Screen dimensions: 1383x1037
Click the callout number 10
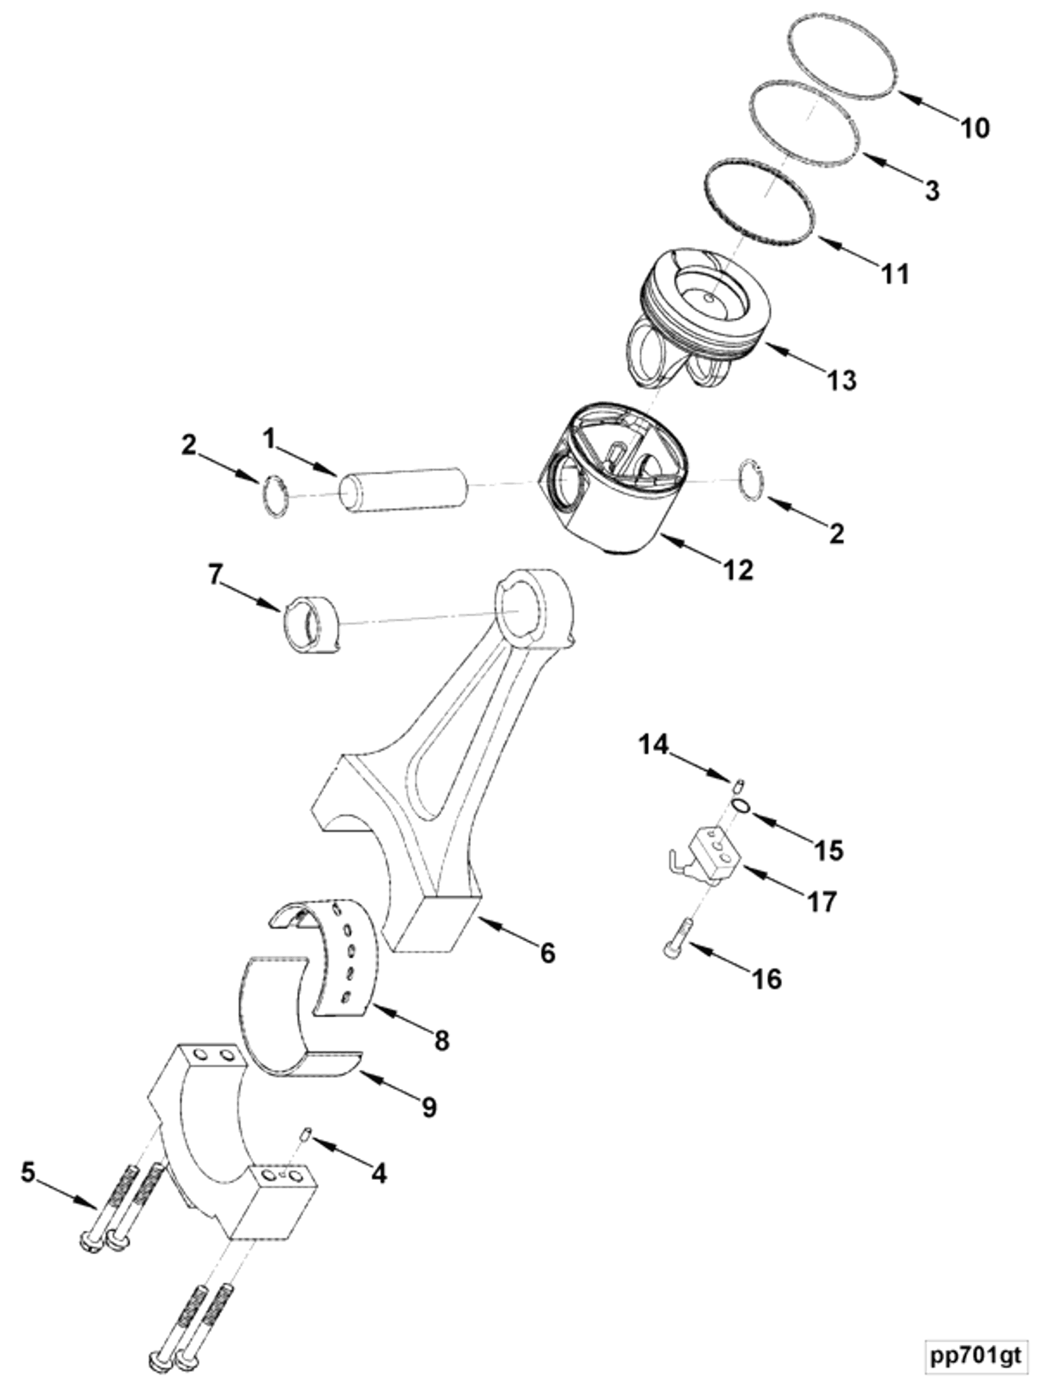pyautogui.click(x=975, y=128)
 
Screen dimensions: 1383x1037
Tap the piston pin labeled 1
pyautogui.click(x=403, y=490)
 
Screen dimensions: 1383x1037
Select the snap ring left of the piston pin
pyautogui.click(x=276, y=496)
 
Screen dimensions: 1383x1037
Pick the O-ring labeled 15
pyautogui.click(x=741, y=806)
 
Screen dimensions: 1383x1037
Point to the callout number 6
pyautogui.click(x=548, y=952)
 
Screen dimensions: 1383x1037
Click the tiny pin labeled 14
pyautogui.click(x=739, y=783)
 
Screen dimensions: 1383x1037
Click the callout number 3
pyautogui.click(x=932, y=191)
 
